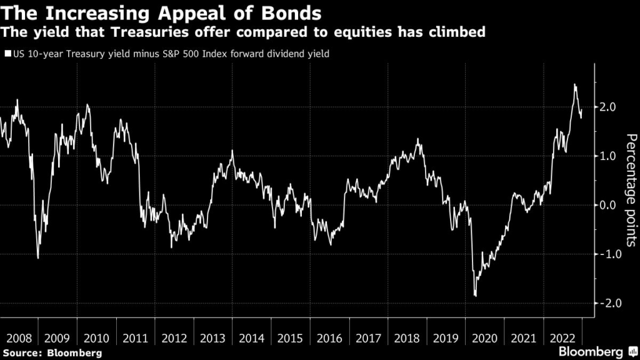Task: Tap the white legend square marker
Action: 7,54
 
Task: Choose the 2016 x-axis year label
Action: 329,338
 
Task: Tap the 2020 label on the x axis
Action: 486,338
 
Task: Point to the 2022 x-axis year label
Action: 563,338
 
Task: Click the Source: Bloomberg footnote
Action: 51,353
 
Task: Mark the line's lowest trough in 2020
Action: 476,296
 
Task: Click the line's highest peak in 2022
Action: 574,84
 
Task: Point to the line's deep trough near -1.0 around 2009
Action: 38,257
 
